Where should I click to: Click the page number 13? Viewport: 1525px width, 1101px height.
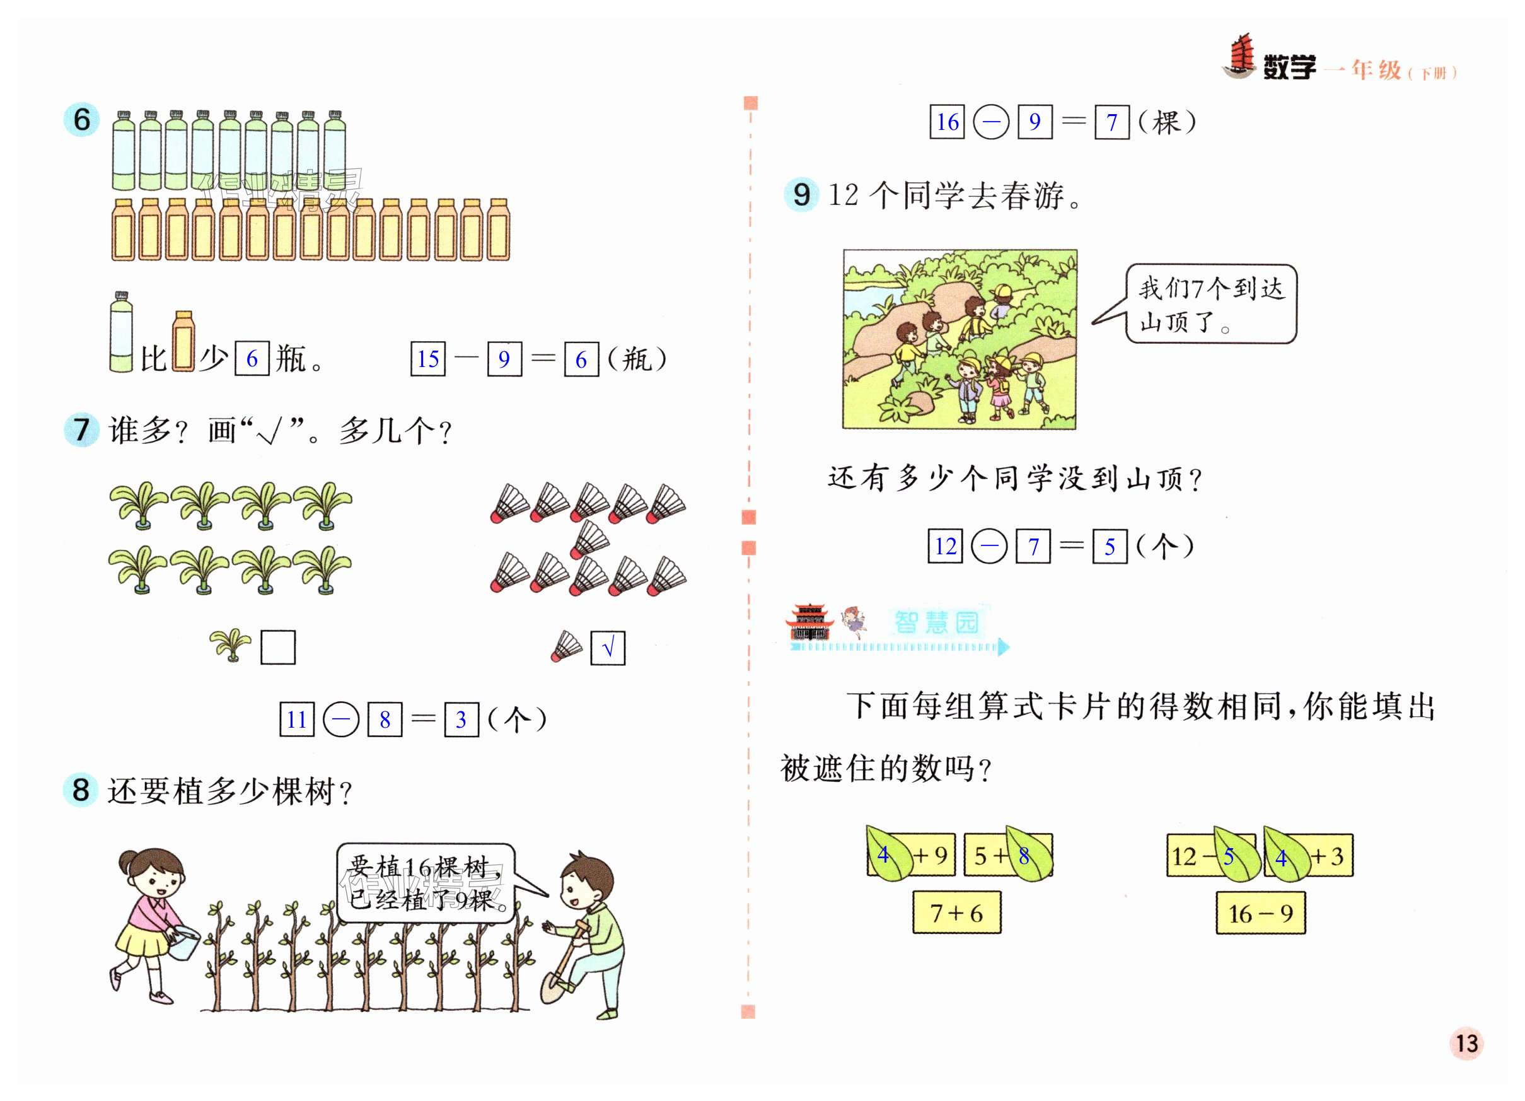pyautogui.click(x=1466, y=1043)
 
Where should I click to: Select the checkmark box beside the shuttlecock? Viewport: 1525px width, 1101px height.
pyautogui.click(x=607, y=648)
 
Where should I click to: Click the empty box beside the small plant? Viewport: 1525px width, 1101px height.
pyautogui.click(x=277, y=647)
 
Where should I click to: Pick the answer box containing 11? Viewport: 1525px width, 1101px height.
pyautogui.click(x=296, y=719)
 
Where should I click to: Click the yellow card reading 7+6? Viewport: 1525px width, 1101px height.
pyautogui.click(x=956, y=912)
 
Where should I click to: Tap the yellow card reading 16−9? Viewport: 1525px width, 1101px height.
pyautogui.click(x=1260, y=913)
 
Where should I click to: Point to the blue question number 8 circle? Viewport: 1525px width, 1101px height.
pyautogui.click(x=81, y=789)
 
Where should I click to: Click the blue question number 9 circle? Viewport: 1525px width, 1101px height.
pyautogui.click(x=801, y=194)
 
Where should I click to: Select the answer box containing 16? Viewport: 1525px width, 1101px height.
pyautogui.click(x=947, y=122)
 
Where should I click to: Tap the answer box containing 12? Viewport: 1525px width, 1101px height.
pyautogui.click(x=945, y=545)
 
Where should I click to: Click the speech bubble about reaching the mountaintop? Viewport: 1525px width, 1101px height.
pyautogui.click(x=1210, y=304)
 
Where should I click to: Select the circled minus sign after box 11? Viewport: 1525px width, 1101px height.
pyautogui.click(x=341, y=719)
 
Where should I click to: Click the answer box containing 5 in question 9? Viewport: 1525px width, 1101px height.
pyautogui.click(x=1110, y=545)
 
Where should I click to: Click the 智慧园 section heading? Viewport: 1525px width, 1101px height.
pyautogui.click(x=936, y=622)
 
